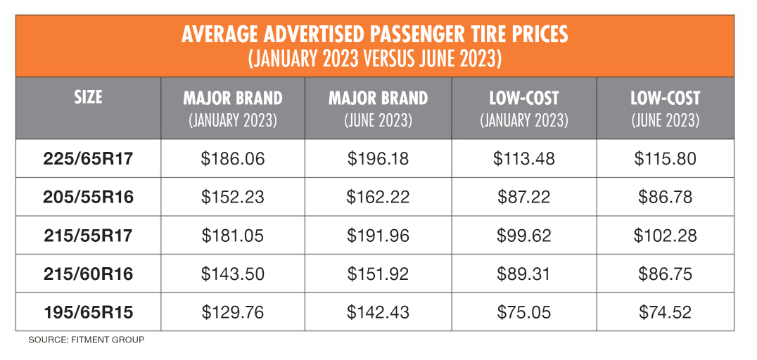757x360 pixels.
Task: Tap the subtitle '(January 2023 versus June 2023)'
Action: (374, 58)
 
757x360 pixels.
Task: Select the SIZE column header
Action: (88, 97)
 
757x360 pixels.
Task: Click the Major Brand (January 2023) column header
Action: (233, 108)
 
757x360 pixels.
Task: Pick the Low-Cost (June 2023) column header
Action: (665, 108)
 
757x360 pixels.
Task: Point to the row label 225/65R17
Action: (88, 159)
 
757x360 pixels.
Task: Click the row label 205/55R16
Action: (88, 198)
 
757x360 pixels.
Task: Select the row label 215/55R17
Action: (88, 236)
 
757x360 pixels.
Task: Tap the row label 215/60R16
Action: (88, 274)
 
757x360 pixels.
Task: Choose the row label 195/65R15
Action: (88, 312)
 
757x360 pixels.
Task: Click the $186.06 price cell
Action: (233, 159)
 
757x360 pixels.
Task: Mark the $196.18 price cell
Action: (378, 159)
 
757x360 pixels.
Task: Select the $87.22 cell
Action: (523, 198)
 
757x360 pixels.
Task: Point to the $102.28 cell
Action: (665, 236)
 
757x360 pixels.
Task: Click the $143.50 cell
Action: (233, 274)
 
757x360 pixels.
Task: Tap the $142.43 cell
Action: (378, 312)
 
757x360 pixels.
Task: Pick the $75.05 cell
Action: (523, 312)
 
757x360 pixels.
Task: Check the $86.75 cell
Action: (665, 274)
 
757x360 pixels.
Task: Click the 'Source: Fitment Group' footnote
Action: (86, 340)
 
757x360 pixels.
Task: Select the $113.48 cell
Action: (523, 159)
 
